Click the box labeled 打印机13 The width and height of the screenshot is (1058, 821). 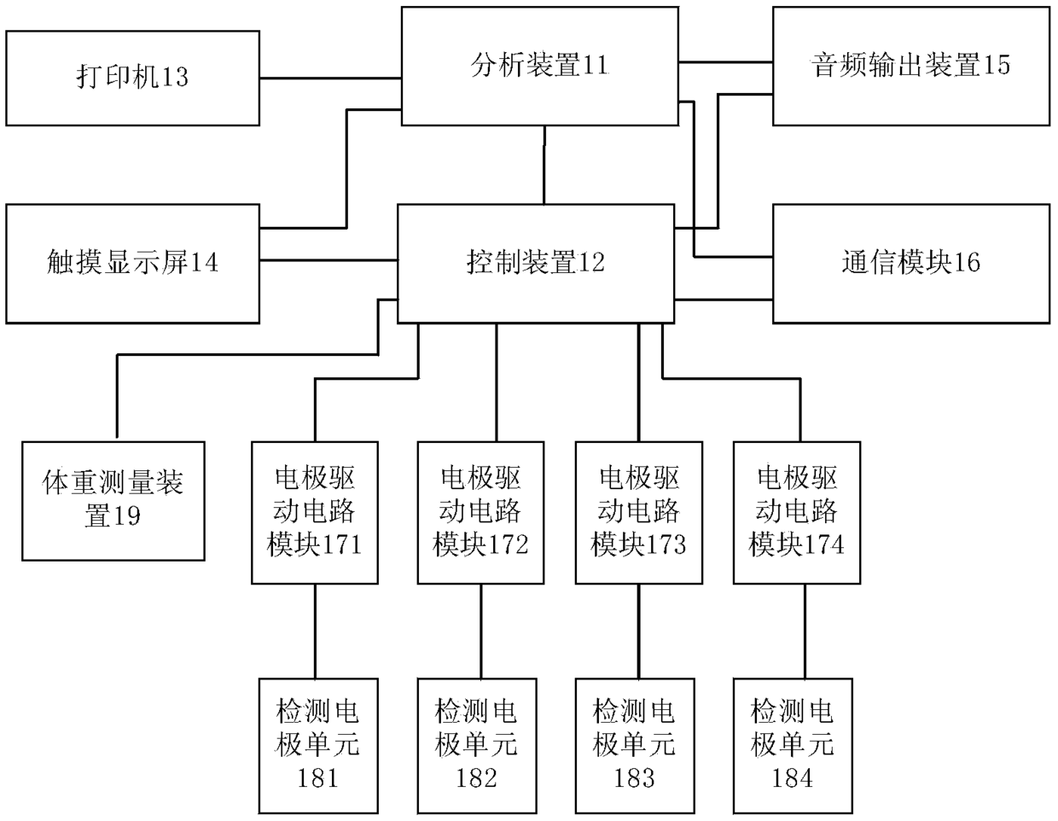[x=132, y=79]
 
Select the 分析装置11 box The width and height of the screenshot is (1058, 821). [x=540, y=67]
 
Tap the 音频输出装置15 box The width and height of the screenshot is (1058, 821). [x=911, y=67]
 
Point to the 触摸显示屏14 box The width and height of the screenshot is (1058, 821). [x=132, y=264]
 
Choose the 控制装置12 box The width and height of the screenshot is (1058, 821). [x=536, y=264]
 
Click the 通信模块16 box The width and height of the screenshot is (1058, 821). [x=911, y=264]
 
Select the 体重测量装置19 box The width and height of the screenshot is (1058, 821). [x=113, y=501]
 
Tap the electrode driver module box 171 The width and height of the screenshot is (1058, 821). [x=315, y=513]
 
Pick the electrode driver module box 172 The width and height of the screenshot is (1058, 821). [x=481, y=513]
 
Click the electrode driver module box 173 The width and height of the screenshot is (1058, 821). [x=639, y=513]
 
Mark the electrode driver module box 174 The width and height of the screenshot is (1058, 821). [x=797, y=513]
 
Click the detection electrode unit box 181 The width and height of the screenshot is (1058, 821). [x=318, y=746]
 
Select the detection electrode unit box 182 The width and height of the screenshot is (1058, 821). [x=477, y=746]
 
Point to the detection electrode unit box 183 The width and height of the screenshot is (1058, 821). [x=635, y=746]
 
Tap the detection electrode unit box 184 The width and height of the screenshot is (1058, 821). [x=793, y=746]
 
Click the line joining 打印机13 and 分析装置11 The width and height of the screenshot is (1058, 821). [x=330, y=78]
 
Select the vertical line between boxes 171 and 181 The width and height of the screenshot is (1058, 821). [x=315, y=632]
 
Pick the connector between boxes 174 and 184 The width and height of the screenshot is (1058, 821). [x=805, y=632]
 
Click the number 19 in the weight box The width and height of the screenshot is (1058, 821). [x=126, y=515]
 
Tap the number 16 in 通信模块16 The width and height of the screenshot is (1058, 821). [x=967, y=263]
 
